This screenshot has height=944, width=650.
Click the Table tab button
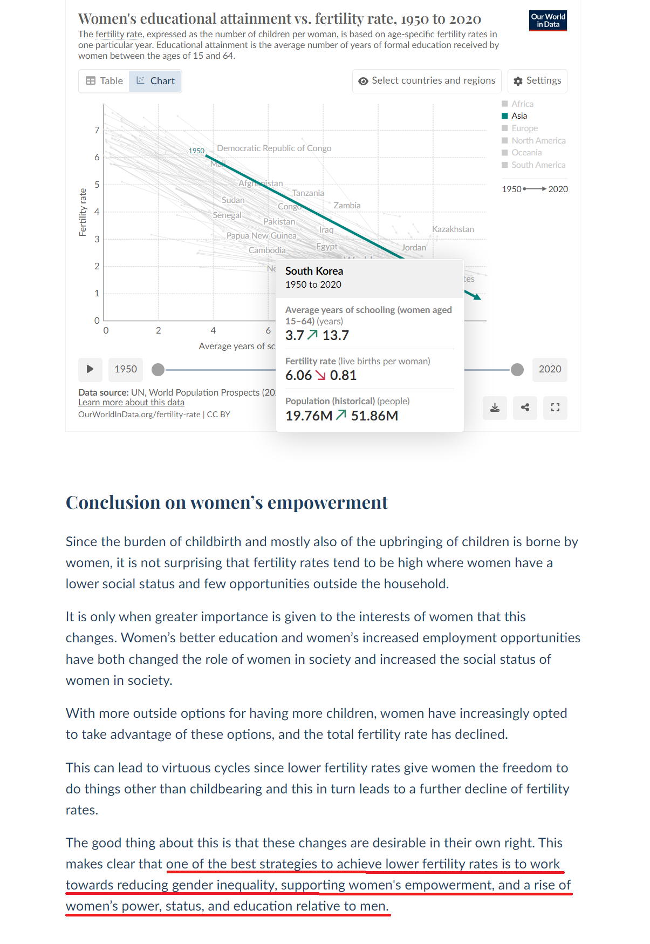(105, 81)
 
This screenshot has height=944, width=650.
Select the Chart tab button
(155, 81)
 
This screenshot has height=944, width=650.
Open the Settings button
(537, 81)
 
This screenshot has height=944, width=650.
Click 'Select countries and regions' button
(427, 81)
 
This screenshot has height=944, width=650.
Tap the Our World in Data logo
(548, 21)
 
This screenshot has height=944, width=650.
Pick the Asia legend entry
(519, 116)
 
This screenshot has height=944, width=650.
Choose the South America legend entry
(538, 165)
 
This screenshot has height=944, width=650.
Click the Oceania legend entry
(526, 153)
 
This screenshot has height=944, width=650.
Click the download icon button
(495, 408)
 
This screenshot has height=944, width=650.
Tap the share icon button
(525, 408)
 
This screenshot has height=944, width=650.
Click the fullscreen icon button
(555, 408)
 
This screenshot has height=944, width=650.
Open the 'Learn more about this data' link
(131, 403)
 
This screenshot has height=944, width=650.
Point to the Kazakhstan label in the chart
(453, 229)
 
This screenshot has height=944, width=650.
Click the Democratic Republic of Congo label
(274, 148)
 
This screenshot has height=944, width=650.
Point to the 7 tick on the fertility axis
(97, 130)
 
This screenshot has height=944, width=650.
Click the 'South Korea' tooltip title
(314, 271)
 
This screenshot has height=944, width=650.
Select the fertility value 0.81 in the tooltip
(343, 376)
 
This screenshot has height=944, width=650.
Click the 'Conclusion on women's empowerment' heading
(227, 502)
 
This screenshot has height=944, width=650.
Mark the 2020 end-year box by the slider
(550, 370)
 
